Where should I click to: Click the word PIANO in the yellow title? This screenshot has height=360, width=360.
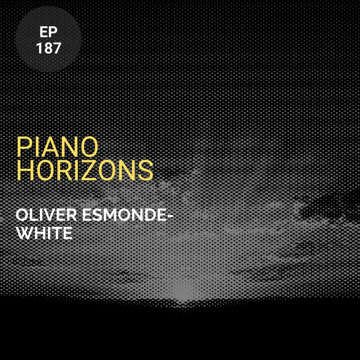pyautogui.click(x=57, y=146)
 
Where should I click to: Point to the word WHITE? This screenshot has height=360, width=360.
pyautogui.click(x=44, y=234)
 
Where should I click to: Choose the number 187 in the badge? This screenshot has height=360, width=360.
pyautogui.click(x=48, y=48)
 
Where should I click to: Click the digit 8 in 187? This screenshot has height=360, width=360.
pyautogui.click(x=48, y=48)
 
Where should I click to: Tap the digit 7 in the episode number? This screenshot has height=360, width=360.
pyautogui.click(x=56, y=48)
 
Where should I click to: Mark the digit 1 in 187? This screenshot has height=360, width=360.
pyautogui.click(x=40, y=48)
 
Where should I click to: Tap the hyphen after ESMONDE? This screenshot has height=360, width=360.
pyautogui.click(x=170, y=216)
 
